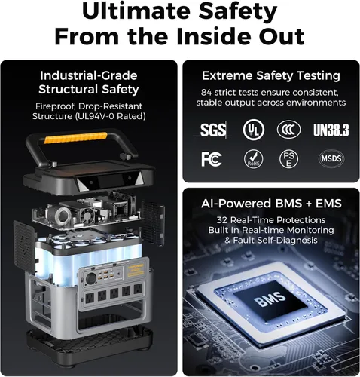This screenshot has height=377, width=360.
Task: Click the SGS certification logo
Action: tap(212, 130)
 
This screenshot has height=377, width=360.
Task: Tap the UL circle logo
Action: tap(254, 130)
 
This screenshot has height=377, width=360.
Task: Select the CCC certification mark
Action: tap(288, 130)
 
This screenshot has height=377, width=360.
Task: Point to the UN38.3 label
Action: tap(331, 130)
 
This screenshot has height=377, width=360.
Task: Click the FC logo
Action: tap(212, 159)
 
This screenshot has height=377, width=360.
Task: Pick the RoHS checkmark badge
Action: tap(254, 159)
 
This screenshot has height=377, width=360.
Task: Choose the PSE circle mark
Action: tap(288, 159)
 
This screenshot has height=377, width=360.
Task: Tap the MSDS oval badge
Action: tap(331, 158)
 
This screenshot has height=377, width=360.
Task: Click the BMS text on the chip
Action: tap(270, 299)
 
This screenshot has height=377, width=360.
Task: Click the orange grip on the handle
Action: tap(75, 138)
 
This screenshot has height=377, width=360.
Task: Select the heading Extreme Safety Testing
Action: tap(271, 76)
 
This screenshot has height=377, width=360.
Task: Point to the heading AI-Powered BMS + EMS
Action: tap(271, 204)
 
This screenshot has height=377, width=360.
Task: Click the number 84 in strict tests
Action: tap(206, 93)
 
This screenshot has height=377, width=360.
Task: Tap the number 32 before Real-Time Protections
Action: tap(222, 220)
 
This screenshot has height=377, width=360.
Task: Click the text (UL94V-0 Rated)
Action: tap(110, 116)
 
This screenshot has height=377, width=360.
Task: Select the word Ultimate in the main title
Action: tap(138, 11)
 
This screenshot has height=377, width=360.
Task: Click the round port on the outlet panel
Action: tap(91, 279)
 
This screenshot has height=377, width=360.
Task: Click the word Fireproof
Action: tap(55, 106)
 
